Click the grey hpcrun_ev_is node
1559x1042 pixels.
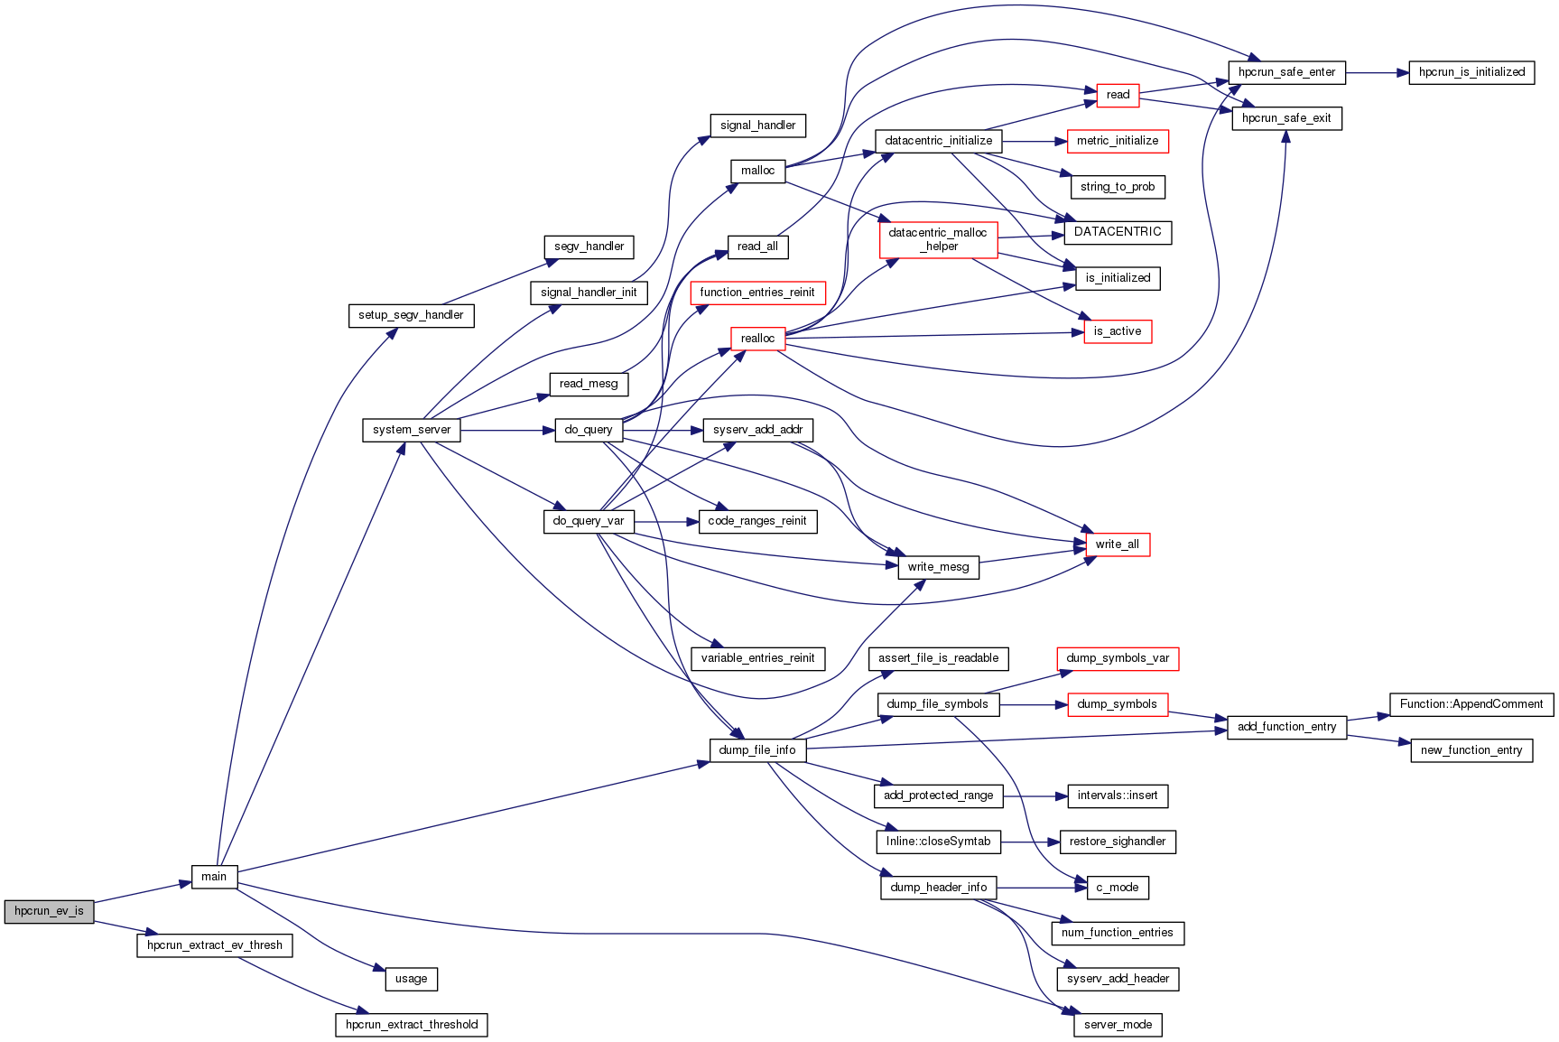[x=49, y=911]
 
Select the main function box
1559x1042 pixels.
[x=214, y=877]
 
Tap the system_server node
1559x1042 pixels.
[x=412, y=430]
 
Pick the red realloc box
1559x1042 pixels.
[x=757, y=339]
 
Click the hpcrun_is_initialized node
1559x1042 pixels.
[x=1471, y=72]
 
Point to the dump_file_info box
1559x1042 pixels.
[x=757, y=750]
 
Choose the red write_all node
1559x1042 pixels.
[x=1117, y=544]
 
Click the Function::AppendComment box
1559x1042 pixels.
[x=1471, y=704]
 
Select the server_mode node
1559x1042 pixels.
[x=1118, y=1025]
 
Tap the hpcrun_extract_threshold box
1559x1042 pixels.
[x=412, y=1025]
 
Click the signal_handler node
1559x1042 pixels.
[x=757, y=126]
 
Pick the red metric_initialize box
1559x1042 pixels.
[x=1118, y=141]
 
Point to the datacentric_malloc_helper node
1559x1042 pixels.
[x=938, y=239]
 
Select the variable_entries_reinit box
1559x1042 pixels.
[x=757, y=658]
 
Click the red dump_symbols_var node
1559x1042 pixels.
[x=1118, y=658]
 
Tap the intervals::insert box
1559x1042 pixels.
[x=1118, y=795]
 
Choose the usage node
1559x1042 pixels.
[x=412, y=979]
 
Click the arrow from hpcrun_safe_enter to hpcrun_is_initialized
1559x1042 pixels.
[x=1377, y=72]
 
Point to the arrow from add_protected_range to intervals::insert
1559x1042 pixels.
[x=1035, y=796]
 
